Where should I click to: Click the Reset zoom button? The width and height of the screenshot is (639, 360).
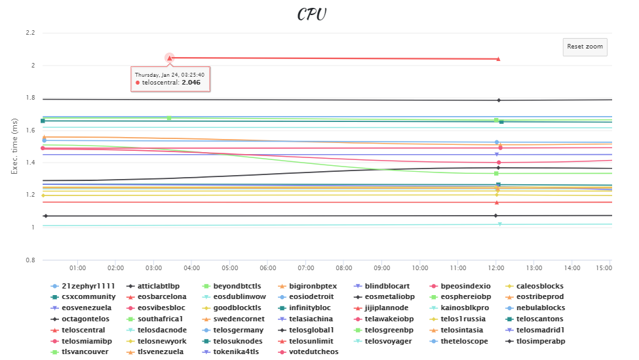[x=585, y=47]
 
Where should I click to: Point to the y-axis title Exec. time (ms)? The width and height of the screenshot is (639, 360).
[x=14, y=146]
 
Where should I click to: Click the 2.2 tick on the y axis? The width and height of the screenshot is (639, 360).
[x=29, y=33]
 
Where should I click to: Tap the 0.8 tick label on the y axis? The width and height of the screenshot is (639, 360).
[x=29, y=260]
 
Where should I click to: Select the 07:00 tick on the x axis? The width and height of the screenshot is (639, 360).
[x=306, y=268]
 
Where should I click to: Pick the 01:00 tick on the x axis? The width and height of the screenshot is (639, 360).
[x=78, y=268]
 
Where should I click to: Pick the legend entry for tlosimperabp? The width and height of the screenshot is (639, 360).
[x=540, y=341]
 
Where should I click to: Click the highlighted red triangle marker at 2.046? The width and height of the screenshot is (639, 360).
[x=169, y=58]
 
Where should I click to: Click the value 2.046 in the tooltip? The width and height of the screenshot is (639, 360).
[x=191, y=83]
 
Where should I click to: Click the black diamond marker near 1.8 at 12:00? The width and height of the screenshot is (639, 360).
[x=499, y=100]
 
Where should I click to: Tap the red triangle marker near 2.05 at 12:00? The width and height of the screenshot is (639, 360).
[x=499, y=59]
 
